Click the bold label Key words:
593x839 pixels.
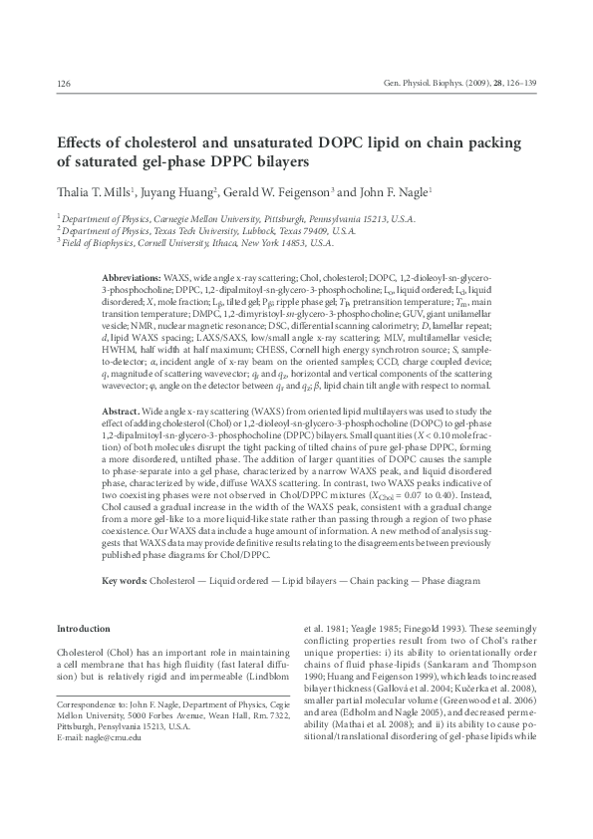tap(125, 580)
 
